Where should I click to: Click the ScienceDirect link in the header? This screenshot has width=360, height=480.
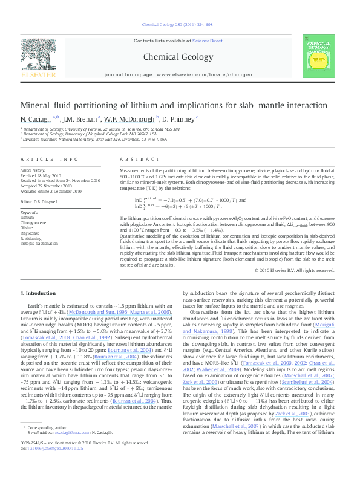207,41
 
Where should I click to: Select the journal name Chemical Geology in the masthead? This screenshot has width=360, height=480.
179,58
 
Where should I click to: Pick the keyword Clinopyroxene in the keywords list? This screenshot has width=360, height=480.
33,222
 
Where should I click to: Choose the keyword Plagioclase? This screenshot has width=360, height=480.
30,233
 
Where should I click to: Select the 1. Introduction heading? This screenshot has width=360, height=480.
39,293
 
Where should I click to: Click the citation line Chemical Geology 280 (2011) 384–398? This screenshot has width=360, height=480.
180,25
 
